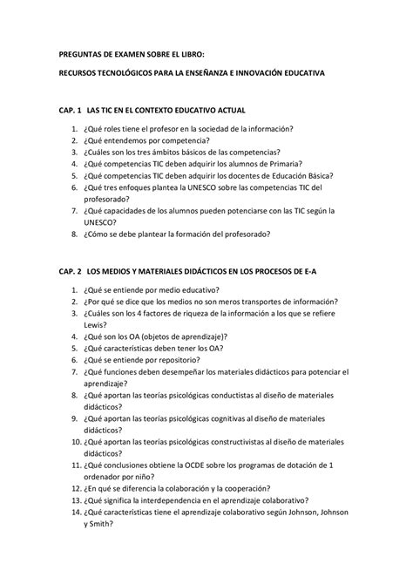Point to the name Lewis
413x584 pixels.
[97, 323]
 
